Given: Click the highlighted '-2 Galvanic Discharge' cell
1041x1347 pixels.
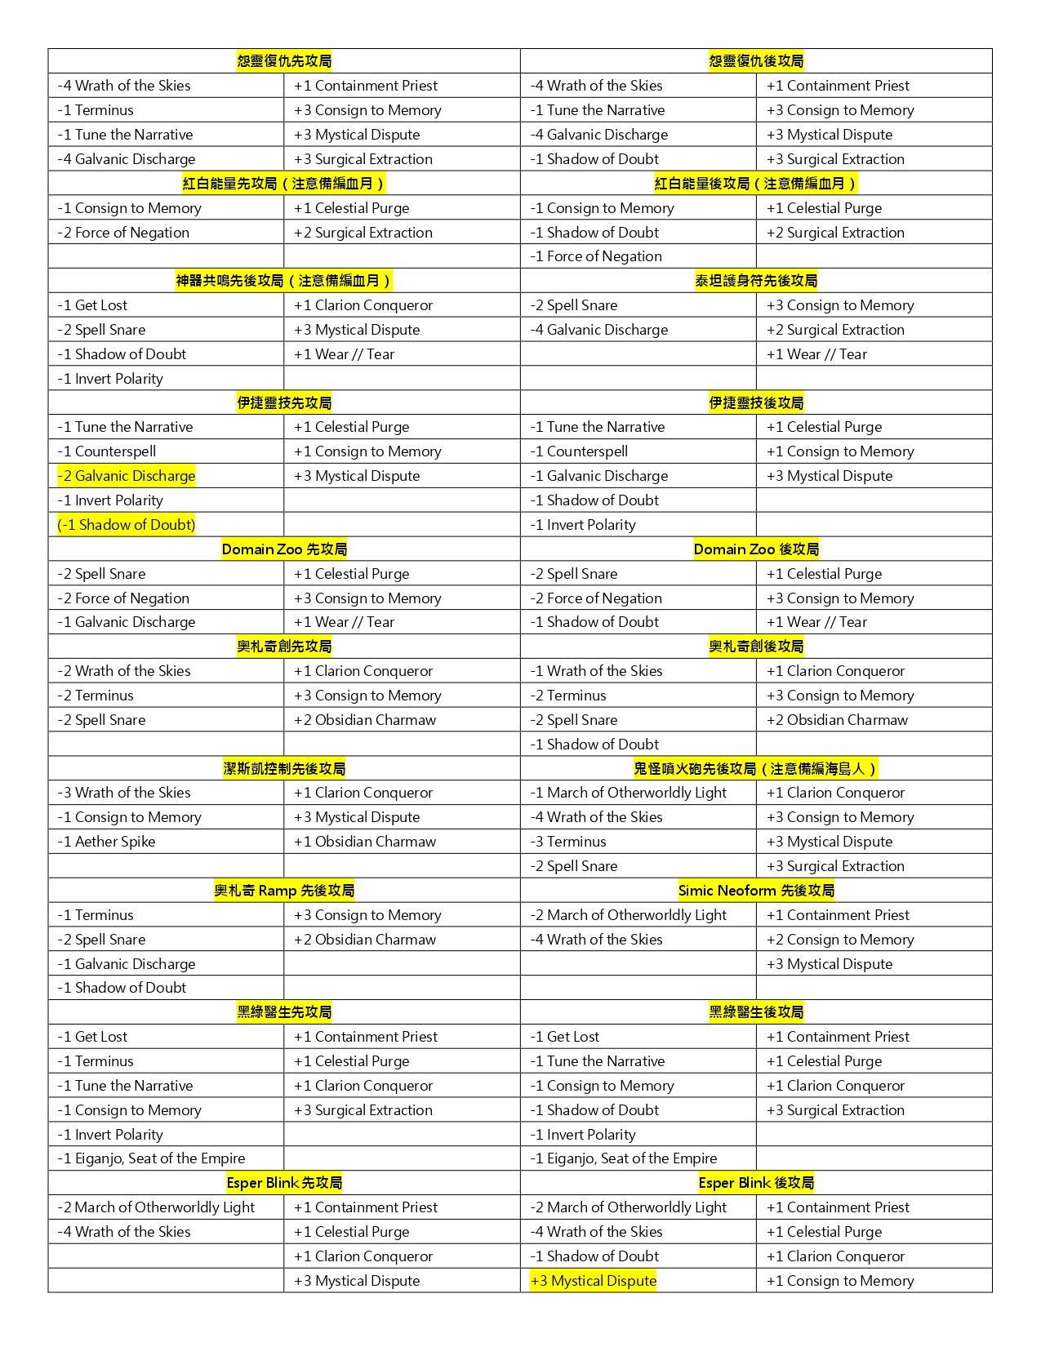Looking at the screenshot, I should (127, 476).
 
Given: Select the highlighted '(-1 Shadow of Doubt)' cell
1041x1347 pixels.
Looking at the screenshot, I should (127, 525).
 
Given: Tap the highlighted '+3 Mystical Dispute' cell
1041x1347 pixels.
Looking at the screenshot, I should (594, 1281).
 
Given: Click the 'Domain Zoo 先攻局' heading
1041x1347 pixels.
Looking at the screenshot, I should (284, 549).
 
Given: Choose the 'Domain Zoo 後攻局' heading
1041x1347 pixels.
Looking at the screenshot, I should (756, 549).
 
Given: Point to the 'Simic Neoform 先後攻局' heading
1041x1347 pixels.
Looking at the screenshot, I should (756, 891).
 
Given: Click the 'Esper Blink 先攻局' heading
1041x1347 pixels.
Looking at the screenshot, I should (284, 1183).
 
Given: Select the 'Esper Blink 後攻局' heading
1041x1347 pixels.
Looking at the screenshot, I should (756, 1183).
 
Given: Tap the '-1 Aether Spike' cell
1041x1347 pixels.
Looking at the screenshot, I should (106, 842).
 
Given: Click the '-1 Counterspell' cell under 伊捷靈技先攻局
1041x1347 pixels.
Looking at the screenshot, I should (107, 451).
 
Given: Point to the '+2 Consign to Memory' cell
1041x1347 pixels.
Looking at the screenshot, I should (840, 940).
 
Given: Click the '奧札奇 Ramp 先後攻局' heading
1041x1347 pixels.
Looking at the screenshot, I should (284, 891).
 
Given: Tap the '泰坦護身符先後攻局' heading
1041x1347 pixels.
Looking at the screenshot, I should (756, 281).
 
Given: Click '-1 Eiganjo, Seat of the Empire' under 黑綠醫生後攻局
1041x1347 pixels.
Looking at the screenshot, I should (624, 1158).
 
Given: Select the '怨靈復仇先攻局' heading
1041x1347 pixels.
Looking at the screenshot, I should (284, 61).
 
